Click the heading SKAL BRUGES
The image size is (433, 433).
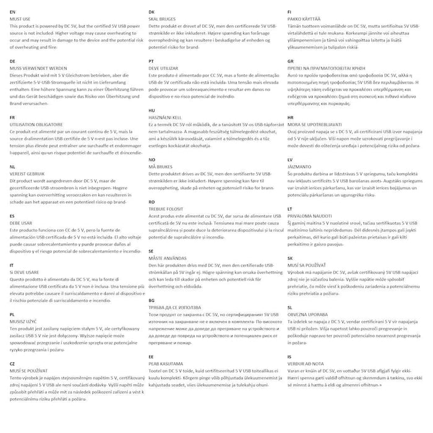[162, 20]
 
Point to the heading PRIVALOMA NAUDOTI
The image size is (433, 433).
[314, 216]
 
